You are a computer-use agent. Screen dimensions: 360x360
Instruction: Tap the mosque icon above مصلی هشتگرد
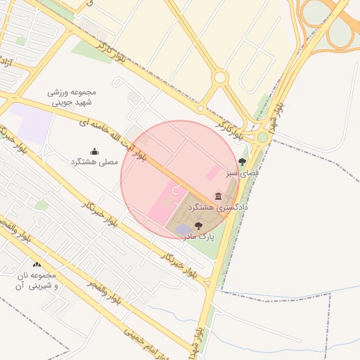[x=95, y=151]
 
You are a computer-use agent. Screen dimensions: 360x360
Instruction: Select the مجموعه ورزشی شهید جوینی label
[x=72, y=97]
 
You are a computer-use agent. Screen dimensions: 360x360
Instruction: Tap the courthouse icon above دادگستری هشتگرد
[x=218, y=196]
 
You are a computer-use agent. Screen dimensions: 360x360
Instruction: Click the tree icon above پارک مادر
[x=198, y=226]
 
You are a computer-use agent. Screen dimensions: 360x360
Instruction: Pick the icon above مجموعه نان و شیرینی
[x=37, y=264]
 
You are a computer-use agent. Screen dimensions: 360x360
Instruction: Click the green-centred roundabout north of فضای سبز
[x=262, y=138]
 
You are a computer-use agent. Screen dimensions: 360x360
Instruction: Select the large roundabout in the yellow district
[x=220, y=77]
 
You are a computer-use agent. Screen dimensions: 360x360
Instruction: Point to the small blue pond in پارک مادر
[x=183, y=230]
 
